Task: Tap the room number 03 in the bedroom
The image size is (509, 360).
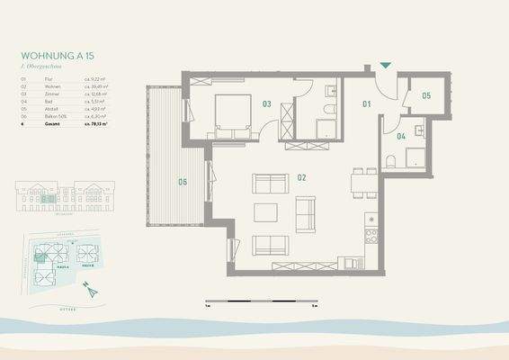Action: point(267,104)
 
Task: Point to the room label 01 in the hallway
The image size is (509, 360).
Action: point(366,104)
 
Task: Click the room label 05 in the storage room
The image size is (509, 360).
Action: point(425,94)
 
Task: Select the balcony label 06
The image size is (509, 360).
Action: point(183,183)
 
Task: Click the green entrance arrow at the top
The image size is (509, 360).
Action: point(386,65)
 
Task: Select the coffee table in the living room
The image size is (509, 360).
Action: point(267,213)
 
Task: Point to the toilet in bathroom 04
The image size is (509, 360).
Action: point(389,160)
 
